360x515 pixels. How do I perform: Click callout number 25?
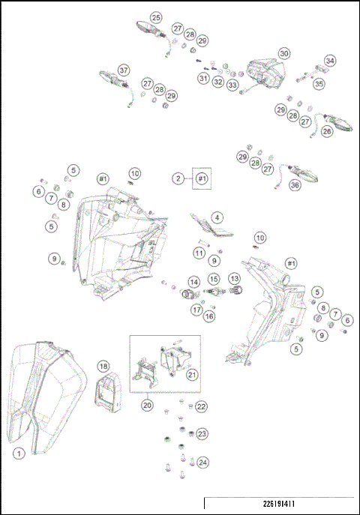coord(156,16)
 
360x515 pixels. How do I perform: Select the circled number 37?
coord(124,68)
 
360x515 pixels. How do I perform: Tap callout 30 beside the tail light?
coord(283,53)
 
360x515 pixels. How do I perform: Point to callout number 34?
coord(330,60)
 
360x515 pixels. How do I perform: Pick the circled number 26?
coord(327,130)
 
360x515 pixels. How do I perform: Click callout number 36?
coord(294,184)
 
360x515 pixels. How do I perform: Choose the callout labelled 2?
coord(178,178)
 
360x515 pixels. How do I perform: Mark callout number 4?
coord(217,216)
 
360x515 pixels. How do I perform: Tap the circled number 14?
coord(193,282)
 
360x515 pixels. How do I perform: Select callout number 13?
coord(234,279)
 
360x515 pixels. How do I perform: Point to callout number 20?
coord(147,404)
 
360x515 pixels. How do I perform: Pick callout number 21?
coord(192,375)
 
